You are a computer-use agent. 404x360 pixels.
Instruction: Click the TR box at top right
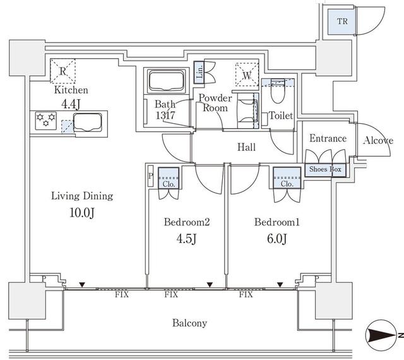(x=342, y=22)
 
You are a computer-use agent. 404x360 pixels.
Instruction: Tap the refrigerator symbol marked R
(x=62, y=71)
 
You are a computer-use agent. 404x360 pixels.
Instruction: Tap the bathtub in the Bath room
(x=165, y=81)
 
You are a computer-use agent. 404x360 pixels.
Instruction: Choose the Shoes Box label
(x=325, y=169)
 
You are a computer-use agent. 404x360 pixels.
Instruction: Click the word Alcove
(x=378, y=140)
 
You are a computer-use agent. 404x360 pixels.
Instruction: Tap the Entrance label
(x=328, y=139)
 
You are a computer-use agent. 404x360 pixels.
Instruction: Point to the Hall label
(x=246, y=148)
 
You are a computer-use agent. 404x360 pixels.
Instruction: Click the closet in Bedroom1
(x=287, y=178)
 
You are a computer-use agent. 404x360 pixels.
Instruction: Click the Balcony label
(x=189, y=323)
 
